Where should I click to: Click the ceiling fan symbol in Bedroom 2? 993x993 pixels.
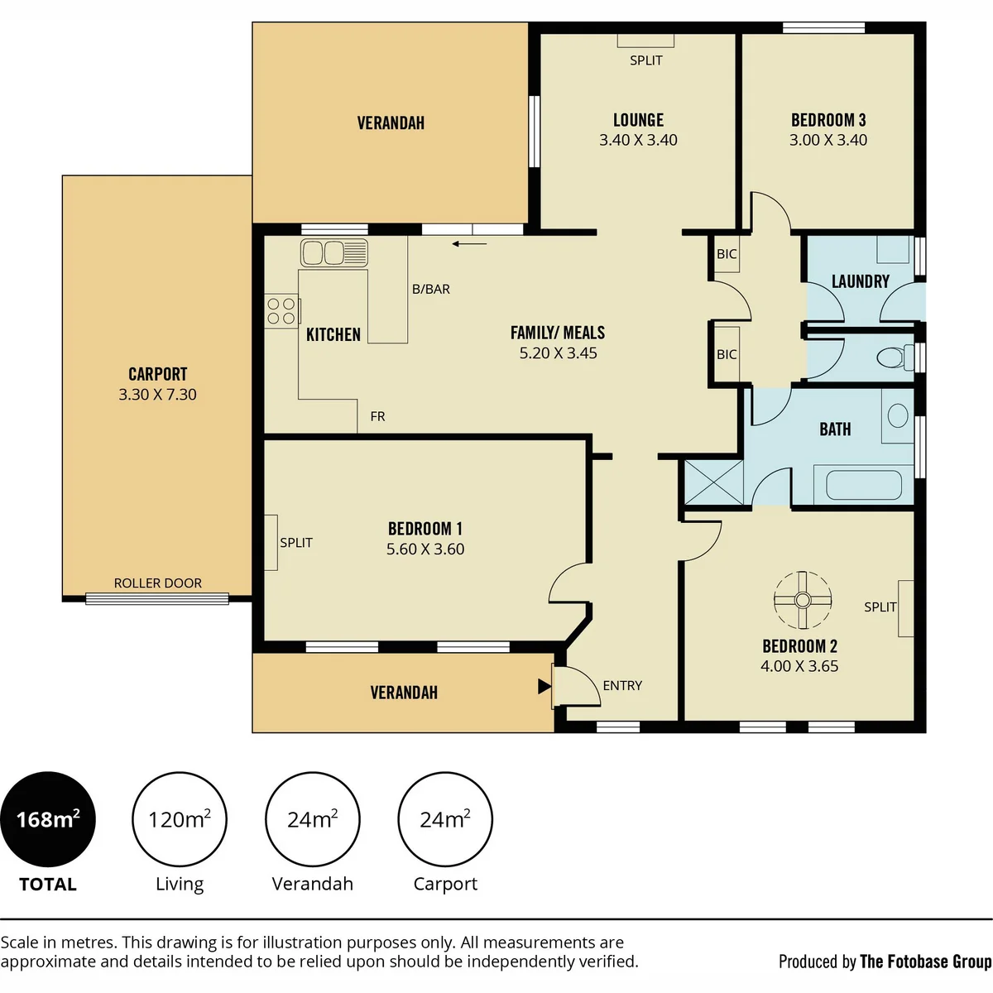803,600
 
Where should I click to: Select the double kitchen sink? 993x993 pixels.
334,253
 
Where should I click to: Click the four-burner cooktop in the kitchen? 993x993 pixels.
282,311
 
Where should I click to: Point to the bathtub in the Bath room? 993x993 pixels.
864,485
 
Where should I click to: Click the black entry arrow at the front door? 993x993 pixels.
544,686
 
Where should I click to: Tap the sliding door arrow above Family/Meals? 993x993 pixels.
469,244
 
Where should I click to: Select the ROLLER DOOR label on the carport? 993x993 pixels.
158,583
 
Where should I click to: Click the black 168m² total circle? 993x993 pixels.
48,819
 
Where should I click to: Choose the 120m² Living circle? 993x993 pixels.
180,819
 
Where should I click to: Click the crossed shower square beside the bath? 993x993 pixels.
713,482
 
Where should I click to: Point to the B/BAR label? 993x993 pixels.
431,289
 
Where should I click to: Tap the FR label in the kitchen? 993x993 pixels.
377,416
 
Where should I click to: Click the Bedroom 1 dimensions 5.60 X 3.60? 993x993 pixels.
425,549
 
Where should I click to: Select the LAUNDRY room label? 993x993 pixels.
861,281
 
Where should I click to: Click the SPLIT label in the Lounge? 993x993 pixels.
646,60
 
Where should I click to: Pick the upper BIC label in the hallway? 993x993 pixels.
727,253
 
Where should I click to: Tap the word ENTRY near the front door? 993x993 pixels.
622,685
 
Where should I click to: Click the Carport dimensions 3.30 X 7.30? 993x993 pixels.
158,395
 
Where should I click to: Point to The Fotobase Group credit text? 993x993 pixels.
925,962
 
